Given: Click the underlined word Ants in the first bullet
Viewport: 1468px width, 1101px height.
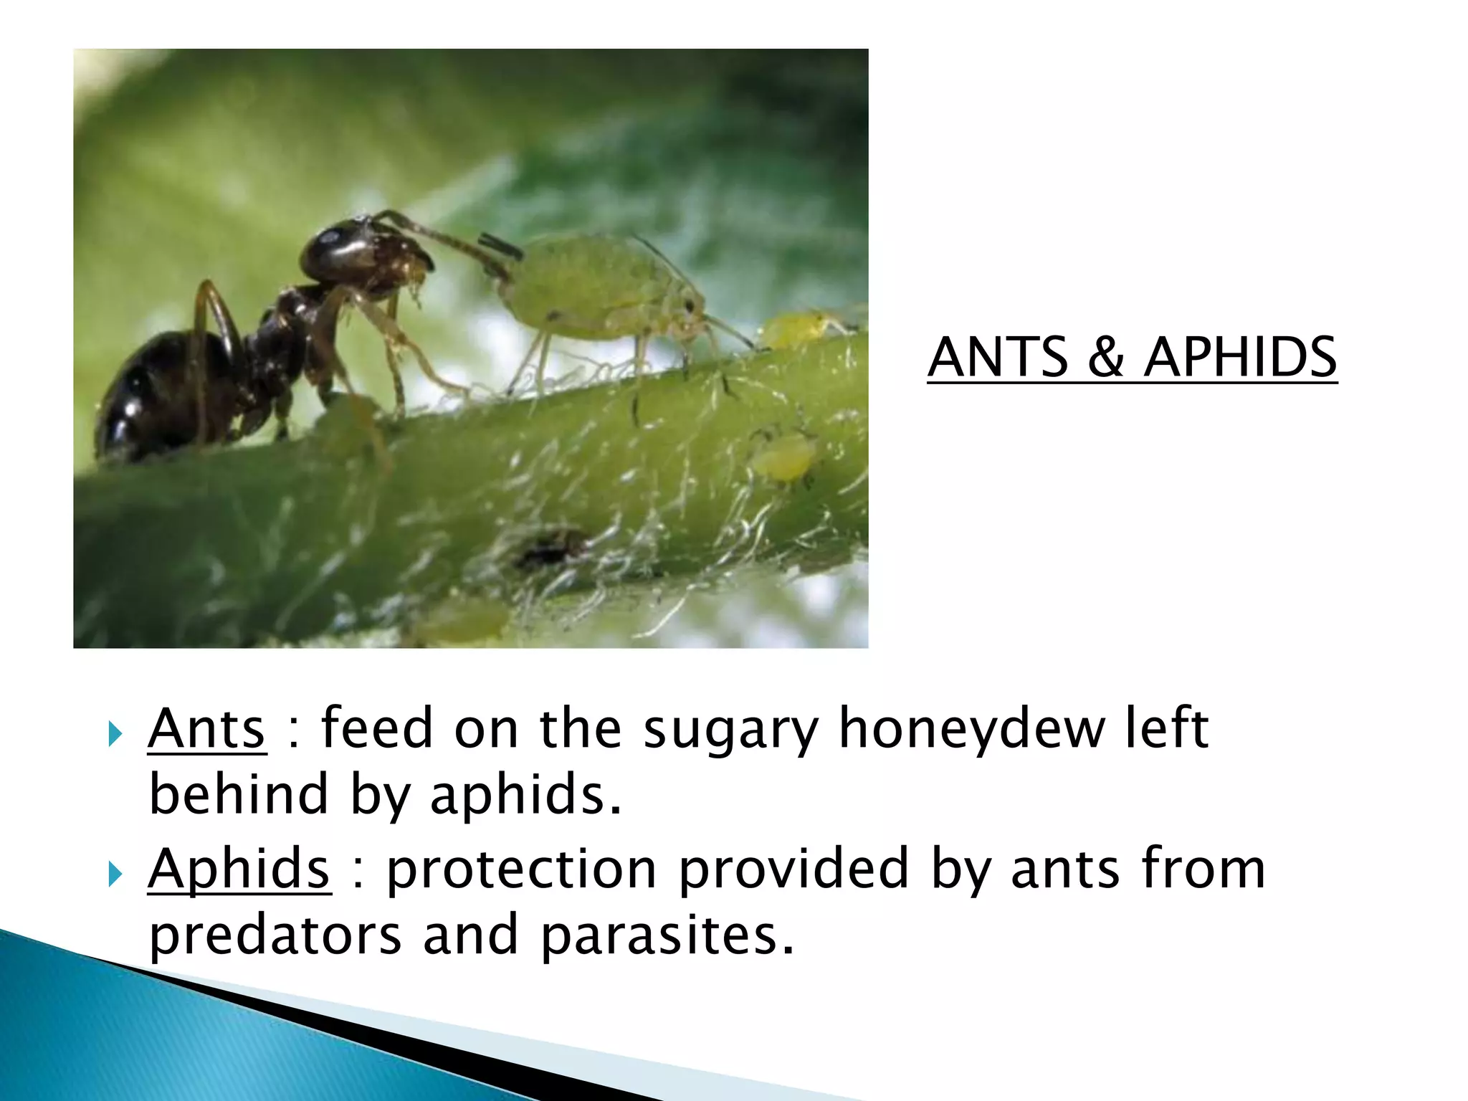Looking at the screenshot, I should (207, 728).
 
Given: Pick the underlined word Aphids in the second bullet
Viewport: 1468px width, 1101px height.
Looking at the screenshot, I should (239, 869).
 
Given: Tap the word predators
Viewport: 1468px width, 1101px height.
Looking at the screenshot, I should (275, 935).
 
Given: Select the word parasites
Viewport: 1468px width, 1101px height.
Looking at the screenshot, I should (667, 935).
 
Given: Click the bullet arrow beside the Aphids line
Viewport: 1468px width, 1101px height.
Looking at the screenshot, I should (115, 874).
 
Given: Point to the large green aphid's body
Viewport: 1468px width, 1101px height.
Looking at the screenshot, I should (588, 287).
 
